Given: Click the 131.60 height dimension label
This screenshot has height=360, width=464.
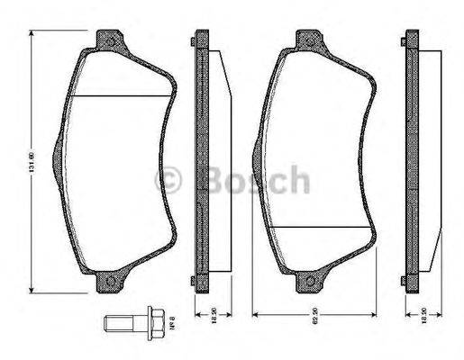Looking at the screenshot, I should [x=29, y=162].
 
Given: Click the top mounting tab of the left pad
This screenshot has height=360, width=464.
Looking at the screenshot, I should [x=113, y=39].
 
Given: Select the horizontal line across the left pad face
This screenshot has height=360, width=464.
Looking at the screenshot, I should [x=122, y=96].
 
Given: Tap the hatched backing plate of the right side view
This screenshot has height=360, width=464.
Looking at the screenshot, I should [x=411, y=162].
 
